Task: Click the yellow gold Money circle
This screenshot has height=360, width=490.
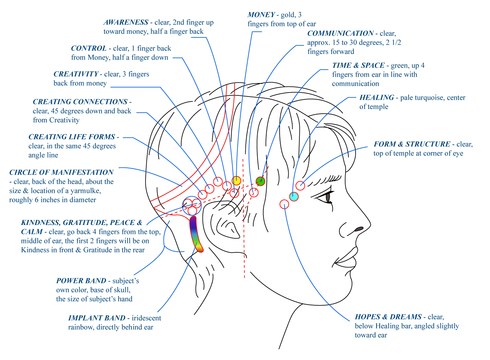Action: pyautogui.click(x=236, y=180)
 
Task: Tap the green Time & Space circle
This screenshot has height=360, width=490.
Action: pyautogui.click(x=260, y=181)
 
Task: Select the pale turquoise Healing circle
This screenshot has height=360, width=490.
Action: pyautogui.click(x=294, y=197)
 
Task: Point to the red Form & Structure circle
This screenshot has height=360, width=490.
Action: pyautogui.click(x=300, y=186)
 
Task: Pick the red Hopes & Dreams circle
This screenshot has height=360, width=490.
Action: pyautogui.click(x=284, y=204)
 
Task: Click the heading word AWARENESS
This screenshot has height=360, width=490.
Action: pyautogui.click(x=126, y=22)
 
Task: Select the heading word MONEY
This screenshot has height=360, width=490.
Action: pyautogui.click(x=261, y=15)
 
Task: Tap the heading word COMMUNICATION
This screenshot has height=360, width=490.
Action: pyautogui.click(x=340, y=33)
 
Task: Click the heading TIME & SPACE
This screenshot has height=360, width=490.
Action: pyautogui.click(x=358, y=66)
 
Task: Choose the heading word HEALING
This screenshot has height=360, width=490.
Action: pyautogui.click(x=377, y=98)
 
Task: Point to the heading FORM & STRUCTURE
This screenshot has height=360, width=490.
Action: pyautogui.click(x=411, y=144)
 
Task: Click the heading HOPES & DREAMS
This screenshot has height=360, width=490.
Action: pyautogui.click(x=388, y=317)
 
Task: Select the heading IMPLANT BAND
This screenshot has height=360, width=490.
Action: pyautogui.click(x=97, y=318)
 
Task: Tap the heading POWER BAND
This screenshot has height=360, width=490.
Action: pyautogui.click(x=81, y=281)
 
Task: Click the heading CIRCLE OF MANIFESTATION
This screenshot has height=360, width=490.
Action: pyautogui.click(x=61, y=172)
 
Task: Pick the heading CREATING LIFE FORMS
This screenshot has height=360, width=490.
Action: pyautogui.click(x=72, y=137)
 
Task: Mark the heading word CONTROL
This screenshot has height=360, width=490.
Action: pyautogui.click(x=89, y=48)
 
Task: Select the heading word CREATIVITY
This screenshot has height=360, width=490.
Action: pyautogui.click(x=76, y=74)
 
